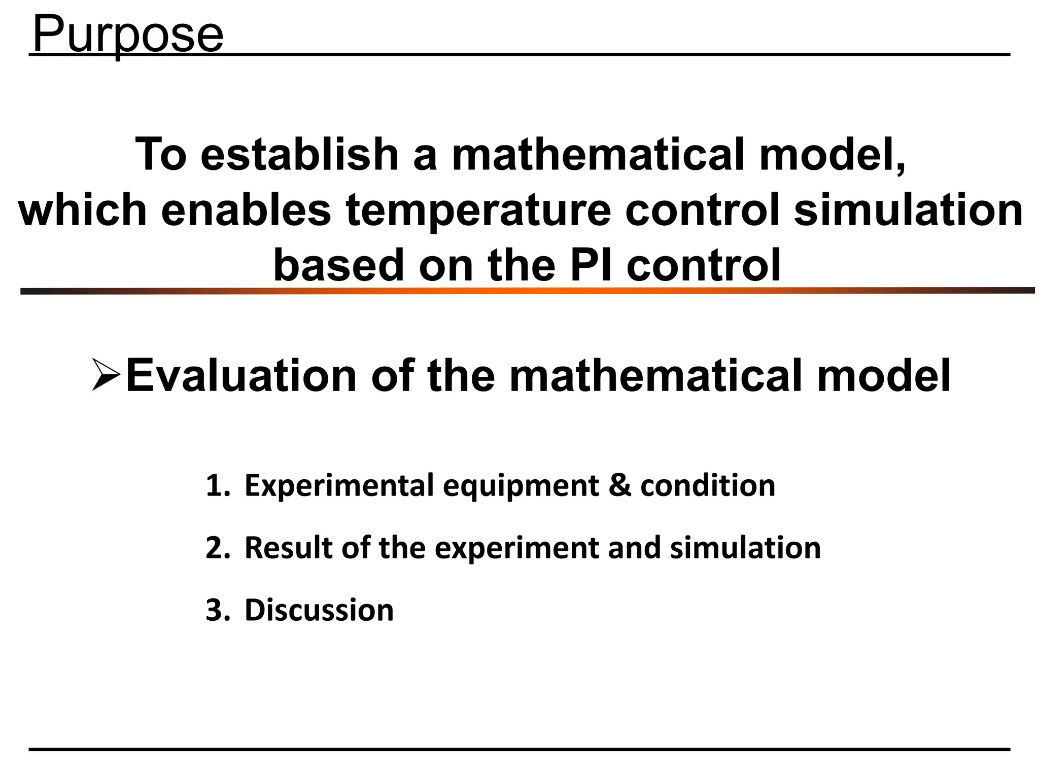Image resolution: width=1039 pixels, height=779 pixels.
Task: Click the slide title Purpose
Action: (x=127, y=34)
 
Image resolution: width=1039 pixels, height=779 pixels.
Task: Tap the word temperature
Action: (x=478, y=211)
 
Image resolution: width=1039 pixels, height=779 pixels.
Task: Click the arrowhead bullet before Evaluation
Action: (x=106, y=374)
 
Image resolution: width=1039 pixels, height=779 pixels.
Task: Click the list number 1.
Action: (x=217, y=486)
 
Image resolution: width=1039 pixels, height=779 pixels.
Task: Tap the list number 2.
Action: (x=217, y=548)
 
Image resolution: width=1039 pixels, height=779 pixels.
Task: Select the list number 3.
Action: (x=217, y=610)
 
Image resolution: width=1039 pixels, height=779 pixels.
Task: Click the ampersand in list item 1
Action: (x=619, y=485)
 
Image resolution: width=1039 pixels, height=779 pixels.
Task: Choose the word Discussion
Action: (x=319, y=610)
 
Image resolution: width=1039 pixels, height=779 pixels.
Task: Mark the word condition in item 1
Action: (x=708, y=486)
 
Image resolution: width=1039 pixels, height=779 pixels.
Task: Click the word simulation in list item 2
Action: (x=745, y=548)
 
